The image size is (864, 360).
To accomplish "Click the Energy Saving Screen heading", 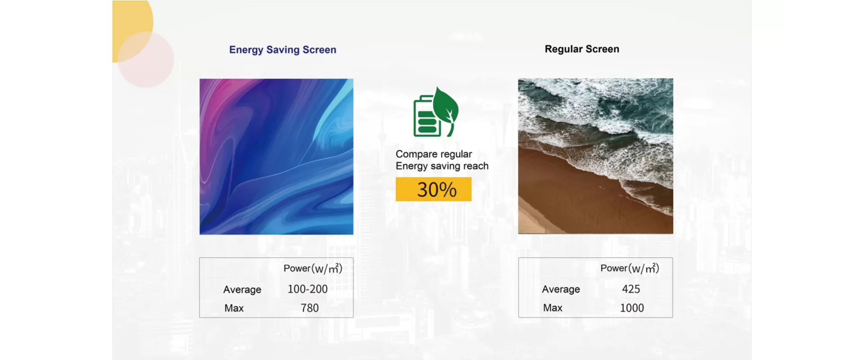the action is (283, 50).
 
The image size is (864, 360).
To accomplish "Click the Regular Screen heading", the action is (582, 49).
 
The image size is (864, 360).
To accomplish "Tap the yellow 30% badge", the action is (433, 189).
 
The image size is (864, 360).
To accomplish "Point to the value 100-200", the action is (308, 289).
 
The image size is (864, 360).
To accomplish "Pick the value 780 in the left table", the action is (310, 308).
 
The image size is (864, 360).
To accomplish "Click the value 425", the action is (631, 289).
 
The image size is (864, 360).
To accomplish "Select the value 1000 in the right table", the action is (632, 308).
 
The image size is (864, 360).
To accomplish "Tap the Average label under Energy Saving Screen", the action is (242, 290).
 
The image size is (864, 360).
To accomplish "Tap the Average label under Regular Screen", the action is (561, 289).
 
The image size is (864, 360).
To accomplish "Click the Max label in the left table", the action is (234, 308).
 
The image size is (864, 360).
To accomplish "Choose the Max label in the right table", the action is (553, 308).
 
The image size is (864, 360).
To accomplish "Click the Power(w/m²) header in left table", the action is (313, 269).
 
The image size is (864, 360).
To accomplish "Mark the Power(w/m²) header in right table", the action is (630, 269).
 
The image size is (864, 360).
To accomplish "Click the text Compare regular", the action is (434, 154).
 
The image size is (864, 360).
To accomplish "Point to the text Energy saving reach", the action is (442, 166).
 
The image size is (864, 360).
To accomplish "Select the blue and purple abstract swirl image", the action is (276, 157).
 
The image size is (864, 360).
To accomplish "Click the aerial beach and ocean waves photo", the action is (595, 156).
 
